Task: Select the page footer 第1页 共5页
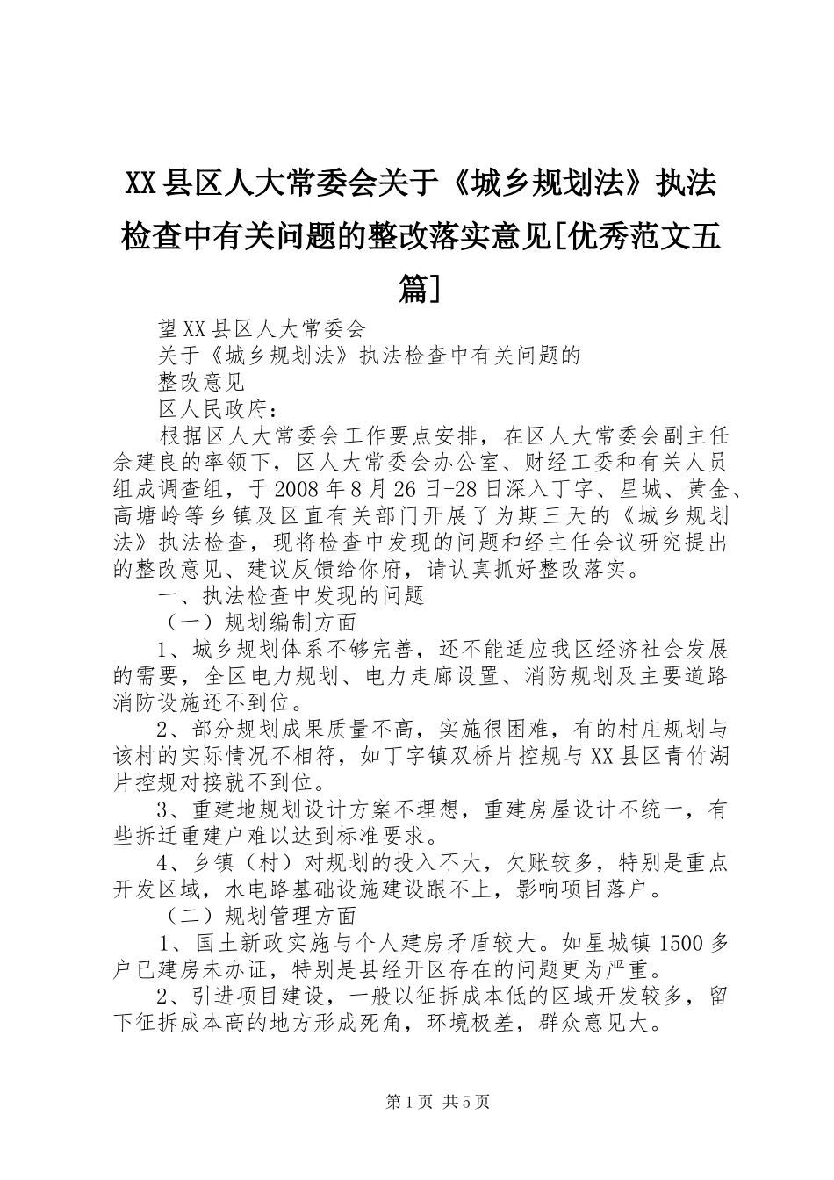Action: coord(437,1102)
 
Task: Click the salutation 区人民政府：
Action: coord(219,409)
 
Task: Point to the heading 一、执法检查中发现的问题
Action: coord(291,596)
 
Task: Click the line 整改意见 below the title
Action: coord(202,382)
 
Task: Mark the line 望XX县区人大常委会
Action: coord(260,329)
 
